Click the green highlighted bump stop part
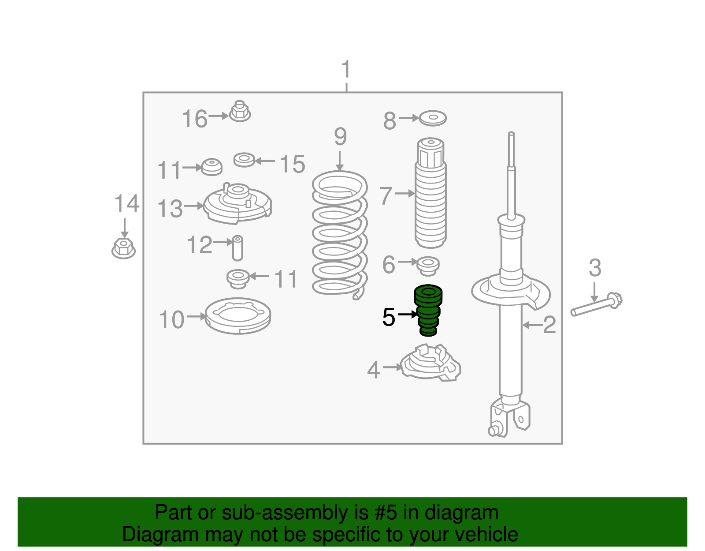(x=428, y=310)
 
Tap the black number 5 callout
(x=389, y=317)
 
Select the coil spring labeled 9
(x=340, y=235)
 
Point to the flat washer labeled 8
(x=433, y=118)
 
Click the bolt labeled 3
(x=596, y=304)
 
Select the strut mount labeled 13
(x=237, y=203)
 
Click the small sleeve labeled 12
(x=237, y=248)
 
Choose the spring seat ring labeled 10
(x=238, y=315)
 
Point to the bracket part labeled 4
(x=431, y=362)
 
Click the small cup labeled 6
(x=428, y=266)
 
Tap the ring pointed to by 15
(x=244, y=160)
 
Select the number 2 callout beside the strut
(x=549, y=325)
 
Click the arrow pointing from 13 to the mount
(x=194, y=206)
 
